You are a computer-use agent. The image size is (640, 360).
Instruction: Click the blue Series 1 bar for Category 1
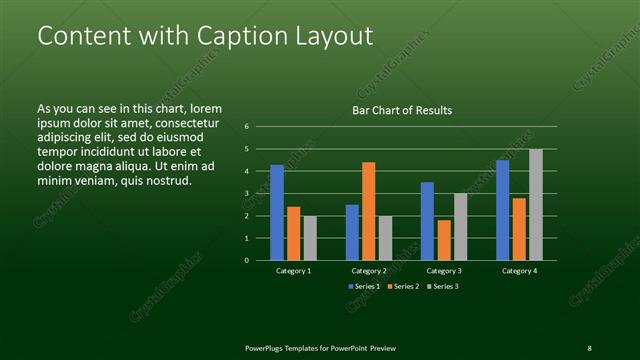point(277,212)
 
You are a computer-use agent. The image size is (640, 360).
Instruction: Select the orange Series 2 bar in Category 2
point(369,211)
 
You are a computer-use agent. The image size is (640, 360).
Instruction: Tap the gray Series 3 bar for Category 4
point(536,204)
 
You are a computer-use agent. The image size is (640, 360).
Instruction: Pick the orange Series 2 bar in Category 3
point(444,240)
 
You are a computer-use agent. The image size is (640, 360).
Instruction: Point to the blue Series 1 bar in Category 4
point(503,210)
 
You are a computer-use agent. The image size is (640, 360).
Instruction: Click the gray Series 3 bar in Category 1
point(310,238)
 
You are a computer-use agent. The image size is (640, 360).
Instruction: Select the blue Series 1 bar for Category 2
point(352,232)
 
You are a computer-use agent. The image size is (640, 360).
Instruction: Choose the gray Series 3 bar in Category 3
point(460,226)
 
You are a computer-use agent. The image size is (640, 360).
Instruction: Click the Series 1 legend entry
point(364,287)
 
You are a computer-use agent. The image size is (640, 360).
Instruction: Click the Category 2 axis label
point(369,271)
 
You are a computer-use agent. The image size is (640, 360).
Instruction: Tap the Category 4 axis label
point(519,271)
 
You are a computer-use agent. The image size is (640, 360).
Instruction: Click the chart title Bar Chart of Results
point(402,110)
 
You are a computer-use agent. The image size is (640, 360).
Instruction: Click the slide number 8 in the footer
point(589,347)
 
